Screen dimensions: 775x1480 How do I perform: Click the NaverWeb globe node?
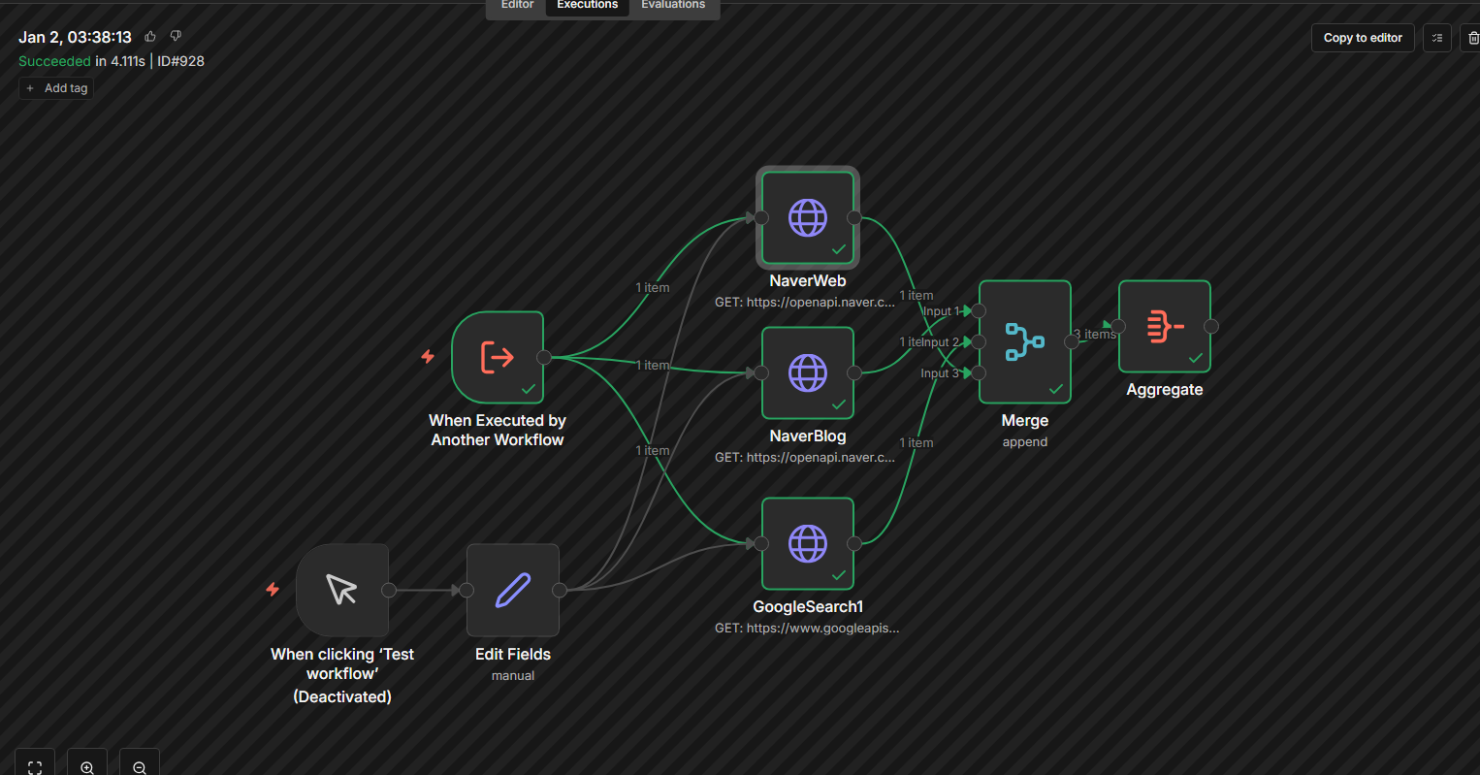click(x=807, y=217)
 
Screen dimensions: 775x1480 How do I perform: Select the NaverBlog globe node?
click(x=807, y=372)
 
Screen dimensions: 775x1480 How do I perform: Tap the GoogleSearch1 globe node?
click(x=807, y=543)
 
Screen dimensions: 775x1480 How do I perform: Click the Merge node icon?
click(x=1024, y=341)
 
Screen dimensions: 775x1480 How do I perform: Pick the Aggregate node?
click(x=1164, y=326)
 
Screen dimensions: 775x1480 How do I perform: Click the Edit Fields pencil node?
click(x=512, y=590)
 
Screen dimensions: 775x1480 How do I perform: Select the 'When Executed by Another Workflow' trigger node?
click(x=497, y=357)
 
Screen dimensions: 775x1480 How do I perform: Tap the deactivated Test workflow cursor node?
click(x=341, y=590)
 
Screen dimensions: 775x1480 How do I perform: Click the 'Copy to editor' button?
click(x=1363, y=38)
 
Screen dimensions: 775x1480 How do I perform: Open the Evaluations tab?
click(x=673, y=5)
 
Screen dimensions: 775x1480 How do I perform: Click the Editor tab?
click(x=517, y=5)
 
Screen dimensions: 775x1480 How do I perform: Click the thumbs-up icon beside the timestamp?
click(x=150, y=37)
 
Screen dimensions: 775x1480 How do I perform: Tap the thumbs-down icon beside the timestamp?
click(x=176, y=36)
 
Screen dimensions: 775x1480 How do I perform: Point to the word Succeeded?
click(x=54, y=61)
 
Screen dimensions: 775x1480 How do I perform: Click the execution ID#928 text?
click(x=180, y=61)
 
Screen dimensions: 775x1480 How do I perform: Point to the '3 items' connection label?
click(x=1095, y=334)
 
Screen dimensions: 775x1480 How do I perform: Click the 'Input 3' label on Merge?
click(x=939, y=373)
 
